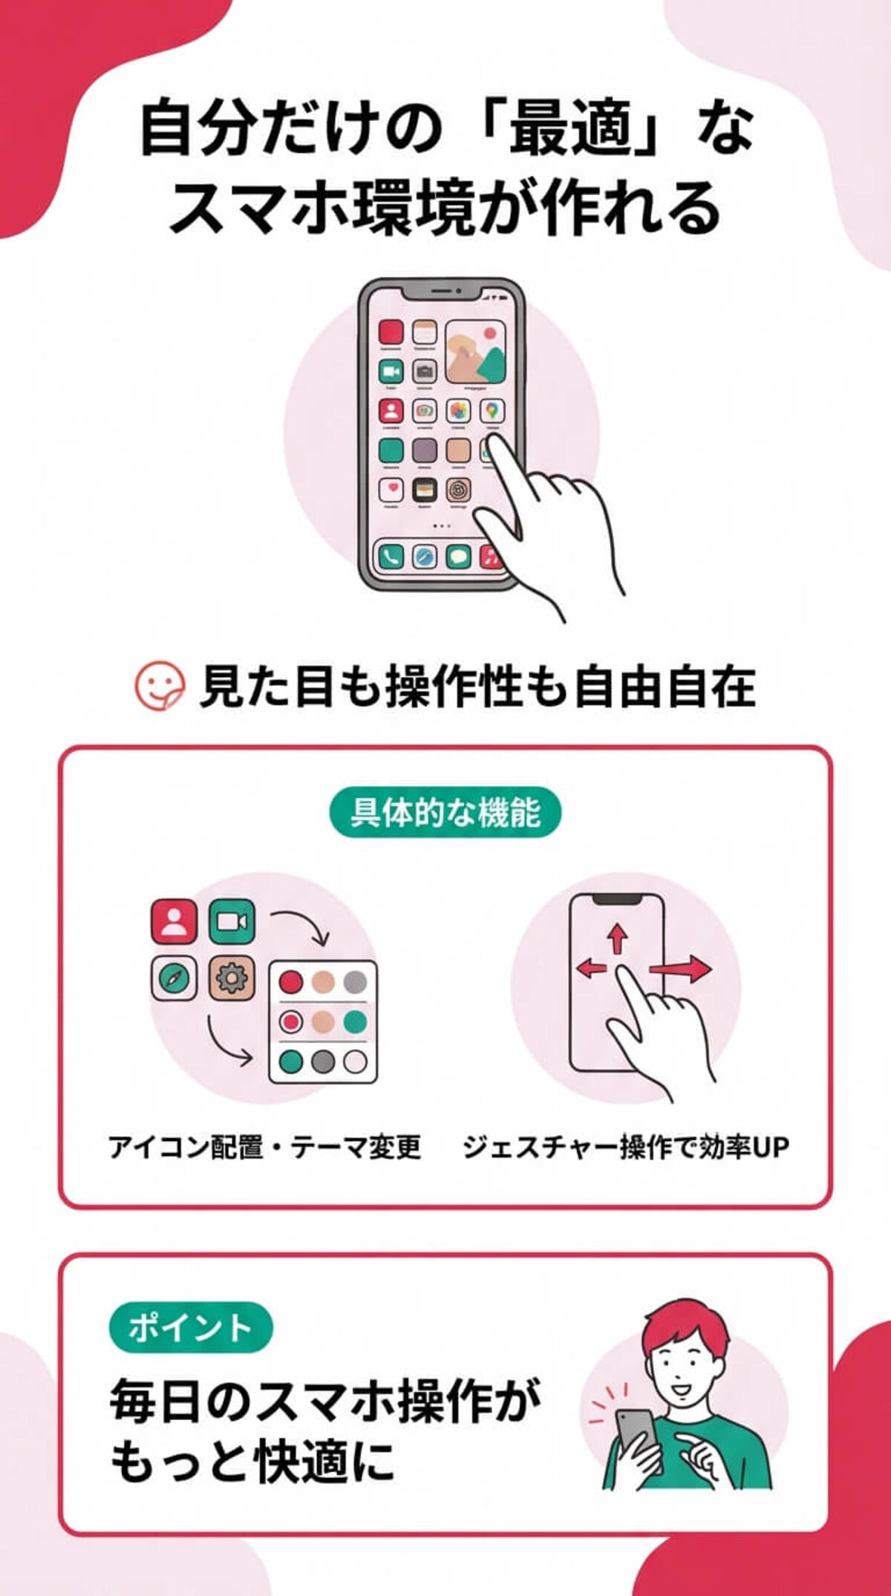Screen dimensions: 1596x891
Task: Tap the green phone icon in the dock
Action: click(x=391, y=556)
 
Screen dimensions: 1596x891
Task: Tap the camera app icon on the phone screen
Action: click(x=425, y=370)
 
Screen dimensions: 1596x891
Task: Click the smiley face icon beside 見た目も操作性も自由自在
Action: click(x=159, y=687)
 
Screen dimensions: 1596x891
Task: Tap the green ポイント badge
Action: click(x=191, y=1327)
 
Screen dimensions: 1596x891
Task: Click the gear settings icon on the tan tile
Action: click(x=232, y=979)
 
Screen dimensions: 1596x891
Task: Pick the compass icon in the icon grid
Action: click(x=174, y=979)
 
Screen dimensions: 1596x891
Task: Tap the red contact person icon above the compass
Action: click(x=174, y=921)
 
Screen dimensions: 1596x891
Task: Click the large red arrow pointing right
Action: click(x=681, y=969)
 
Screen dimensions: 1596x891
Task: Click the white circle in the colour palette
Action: click(x=356, y=1062)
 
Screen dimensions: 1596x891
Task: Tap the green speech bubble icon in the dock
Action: click(x=458, y=556)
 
